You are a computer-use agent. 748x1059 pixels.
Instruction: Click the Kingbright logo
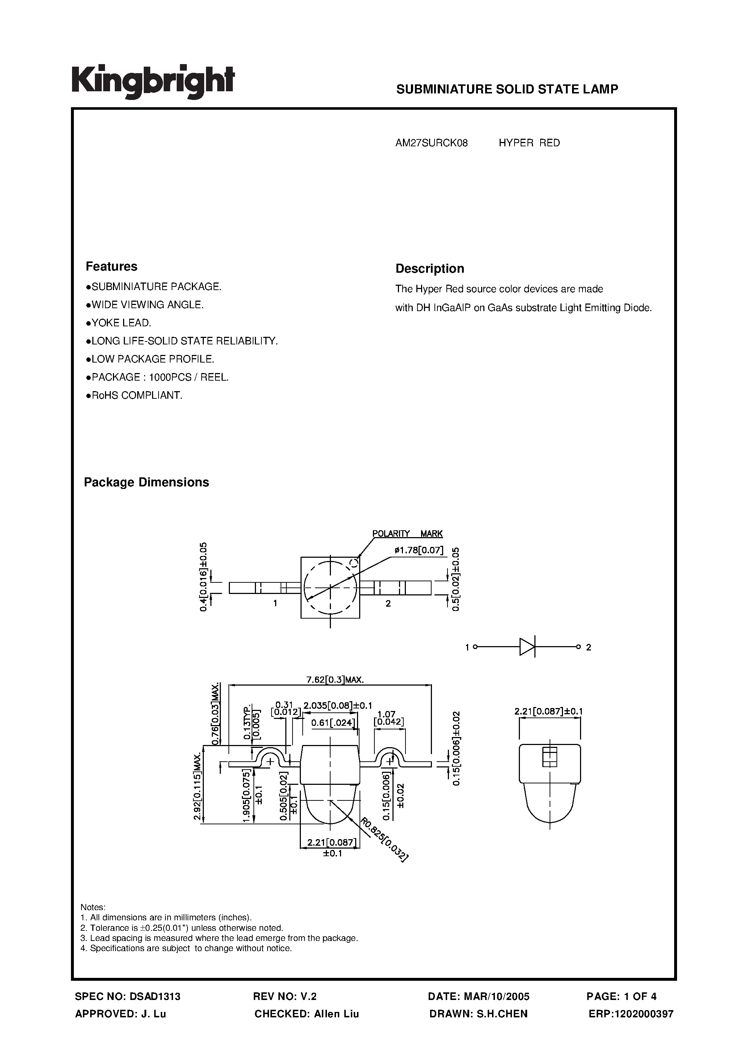153,81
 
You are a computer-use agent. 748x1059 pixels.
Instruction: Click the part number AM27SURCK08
431,143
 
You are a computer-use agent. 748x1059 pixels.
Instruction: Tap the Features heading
111,267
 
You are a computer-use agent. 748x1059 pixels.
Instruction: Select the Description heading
429,268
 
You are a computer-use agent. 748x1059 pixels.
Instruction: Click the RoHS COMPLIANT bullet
134,395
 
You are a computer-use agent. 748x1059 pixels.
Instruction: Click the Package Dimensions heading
146,482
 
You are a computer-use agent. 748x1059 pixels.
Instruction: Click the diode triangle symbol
527,647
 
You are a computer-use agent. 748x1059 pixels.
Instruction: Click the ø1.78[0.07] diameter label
419,550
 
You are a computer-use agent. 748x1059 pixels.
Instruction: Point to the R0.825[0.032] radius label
384,839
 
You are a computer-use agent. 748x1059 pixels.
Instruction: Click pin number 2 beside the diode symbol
588,648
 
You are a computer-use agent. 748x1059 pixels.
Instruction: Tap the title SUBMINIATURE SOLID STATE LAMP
507,89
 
